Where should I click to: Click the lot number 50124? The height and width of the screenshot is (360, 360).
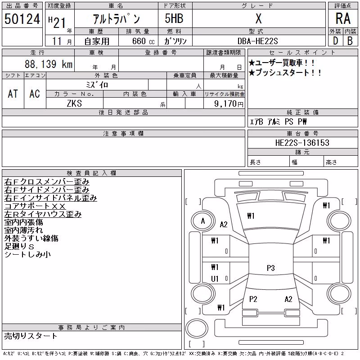(22, 19)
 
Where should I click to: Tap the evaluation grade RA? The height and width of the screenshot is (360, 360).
(343, 18)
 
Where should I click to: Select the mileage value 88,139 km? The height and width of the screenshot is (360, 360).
(49, 64)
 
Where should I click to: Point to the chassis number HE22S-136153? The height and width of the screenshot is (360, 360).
(302, 143)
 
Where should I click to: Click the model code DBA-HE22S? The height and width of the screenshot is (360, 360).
(257, 41)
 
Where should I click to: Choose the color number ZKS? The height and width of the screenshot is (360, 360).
(74, 103)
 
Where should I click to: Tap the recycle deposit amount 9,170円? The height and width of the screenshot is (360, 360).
(229, 103)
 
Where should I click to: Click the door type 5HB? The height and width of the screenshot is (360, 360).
(174, 18)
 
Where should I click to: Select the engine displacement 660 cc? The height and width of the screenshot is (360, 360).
(143, 41)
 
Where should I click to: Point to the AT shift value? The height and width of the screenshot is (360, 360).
(13, 94)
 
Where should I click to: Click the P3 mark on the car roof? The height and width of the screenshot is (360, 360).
(271, 268)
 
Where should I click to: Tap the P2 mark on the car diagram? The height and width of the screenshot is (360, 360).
(253, 299)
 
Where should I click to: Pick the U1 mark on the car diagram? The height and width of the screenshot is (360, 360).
(215, 279)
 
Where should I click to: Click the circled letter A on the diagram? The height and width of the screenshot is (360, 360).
(203, 221)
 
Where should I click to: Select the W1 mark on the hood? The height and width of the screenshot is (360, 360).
(251, 216)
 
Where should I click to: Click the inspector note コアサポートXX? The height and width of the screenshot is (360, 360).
(35, 206)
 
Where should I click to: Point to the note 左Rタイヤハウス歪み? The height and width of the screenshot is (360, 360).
(43, 214)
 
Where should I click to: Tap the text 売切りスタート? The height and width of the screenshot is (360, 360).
(31, 336)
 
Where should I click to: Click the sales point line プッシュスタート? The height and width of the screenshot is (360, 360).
(285, 72)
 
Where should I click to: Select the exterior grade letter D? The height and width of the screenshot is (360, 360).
(335, 41)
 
